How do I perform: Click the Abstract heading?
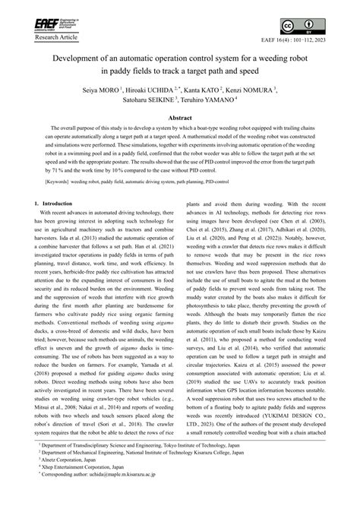180,118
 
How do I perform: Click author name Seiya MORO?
116,89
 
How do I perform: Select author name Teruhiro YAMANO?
216,99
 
